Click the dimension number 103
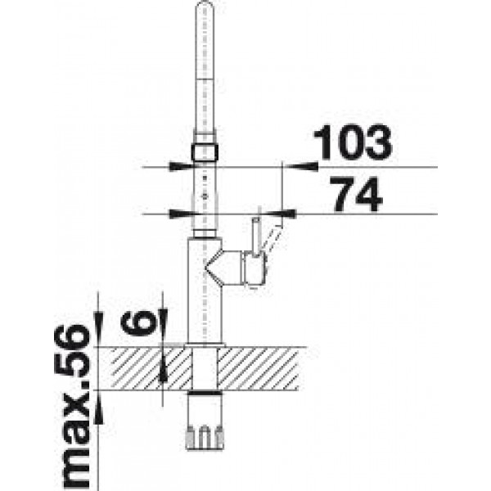coord(353,142)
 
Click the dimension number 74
coord(357,195)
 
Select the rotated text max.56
coord(72,407)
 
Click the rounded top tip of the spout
coord(205,3)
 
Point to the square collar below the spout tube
coord(205,152)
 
